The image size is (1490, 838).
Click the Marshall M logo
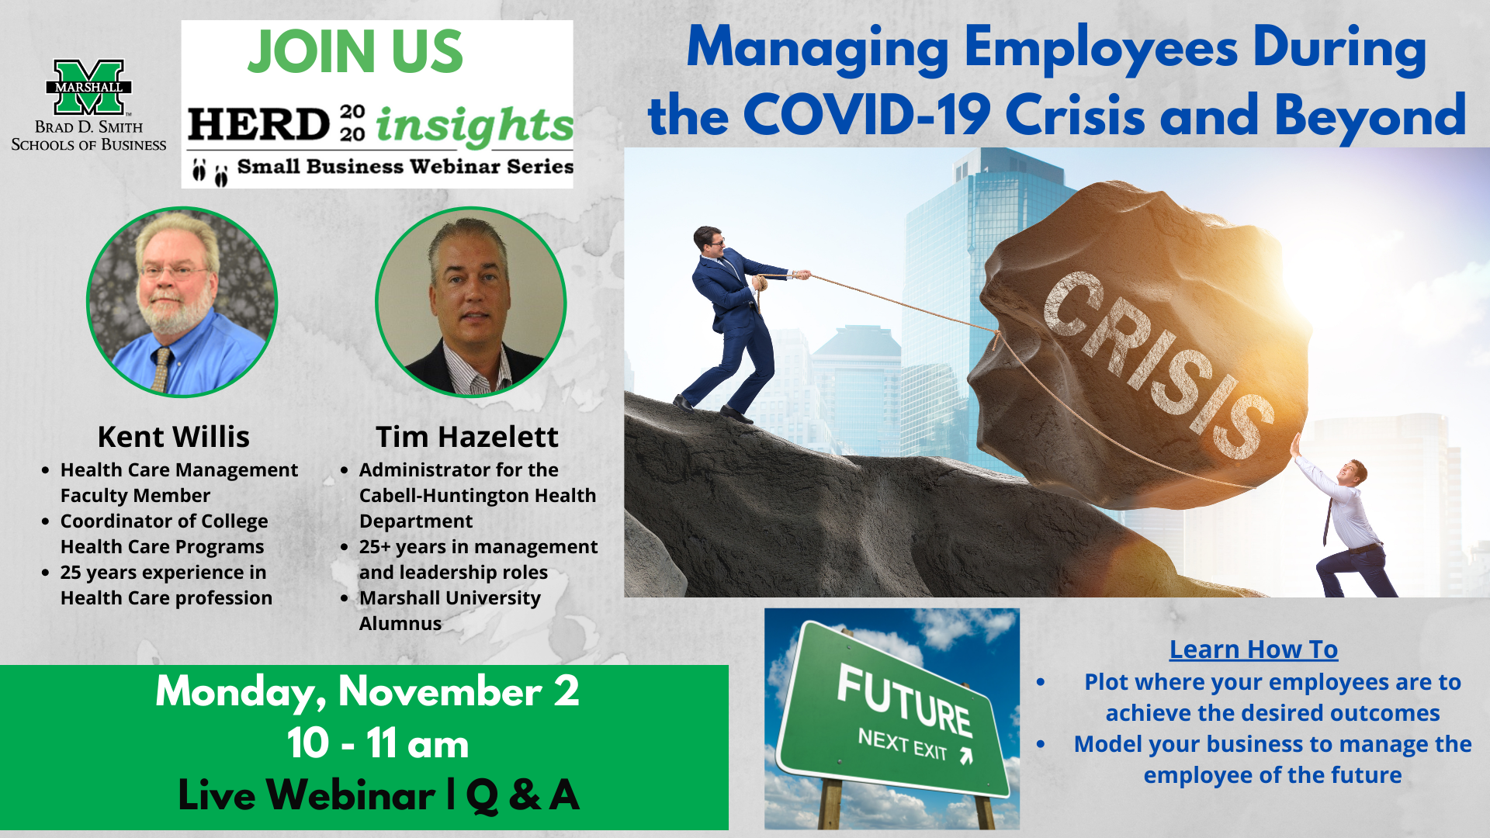(88, 87)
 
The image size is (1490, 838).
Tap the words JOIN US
(355, 52)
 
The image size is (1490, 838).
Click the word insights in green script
(475, 125)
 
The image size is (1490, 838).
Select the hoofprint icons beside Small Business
(210, 171)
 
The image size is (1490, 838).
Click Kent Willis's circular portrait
(182, 302)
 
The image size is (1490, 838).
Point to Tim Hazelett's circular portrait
(470, 302)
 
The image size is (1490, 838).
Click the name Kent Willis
(174, 437)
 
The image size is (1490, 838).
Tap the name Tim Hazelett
(467, 437)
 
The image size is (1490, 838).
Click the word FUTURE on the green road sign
(905, 701)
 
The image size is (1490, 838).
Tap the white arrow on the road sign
(966, 756)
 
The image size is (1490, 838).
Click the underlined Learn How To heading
(1254, 649)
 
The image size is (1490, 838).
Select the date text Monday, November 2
(367, 691)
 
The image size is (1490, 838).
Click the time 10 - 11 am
(378, 743)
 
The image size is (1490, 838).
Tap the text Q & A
(522, 795)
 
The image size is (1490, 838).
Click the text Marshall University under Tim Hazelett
(450, 598)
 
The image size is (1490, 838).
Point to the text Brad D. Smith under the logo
(88, 127)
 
